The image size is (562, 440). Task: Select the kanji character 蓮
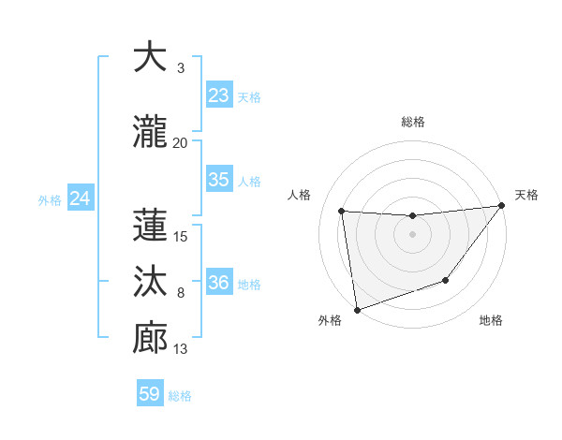[x=150, y=225]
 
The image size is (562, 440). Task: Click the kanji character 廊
[x=150, y=338]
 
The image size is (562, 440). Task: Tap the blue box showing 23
[x=218, y=95]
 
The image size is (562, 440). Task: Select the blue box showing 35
[x=218, y=180]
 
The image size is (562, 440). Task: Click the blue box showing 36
[x=218, y=283]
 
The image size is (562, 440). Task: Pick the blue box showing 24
[x=80, y=198]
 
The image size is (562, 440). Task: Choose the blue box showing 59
[x=149, y=394]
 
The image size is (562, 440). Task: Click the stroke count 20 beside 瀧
[x=180, y=143]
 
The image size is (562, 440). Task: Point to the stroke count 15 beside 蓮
[x=180, y=237]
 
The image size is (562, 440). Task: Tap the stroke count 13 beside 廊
[x=180, y=349]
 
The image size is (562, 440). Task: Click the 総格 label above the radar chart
[x=412, y=122]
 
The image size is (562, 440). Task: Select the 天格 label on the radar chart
[x=526, y=195]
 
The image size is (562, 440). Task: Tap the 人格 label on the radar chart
[x=300, y=195]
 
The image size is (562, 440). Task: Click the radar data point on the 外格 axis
[x=356, y=309]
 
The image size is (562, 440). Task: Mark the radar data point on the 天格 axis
[x=500, y=206]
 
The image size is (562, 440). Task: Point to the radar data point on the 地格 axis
[x=446, y=280]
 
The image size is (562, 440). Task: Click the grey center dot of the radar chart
[x=412, y=234]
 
